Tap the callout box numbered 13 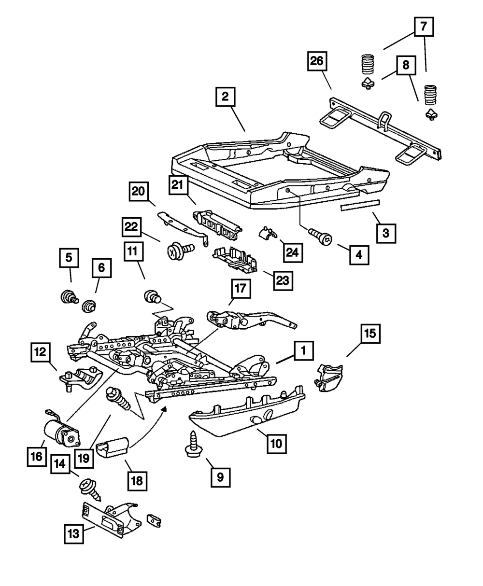tap(73, 534)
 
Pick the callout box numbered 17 tap(241, 290)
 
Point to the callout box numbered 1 tap(303, 352)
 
